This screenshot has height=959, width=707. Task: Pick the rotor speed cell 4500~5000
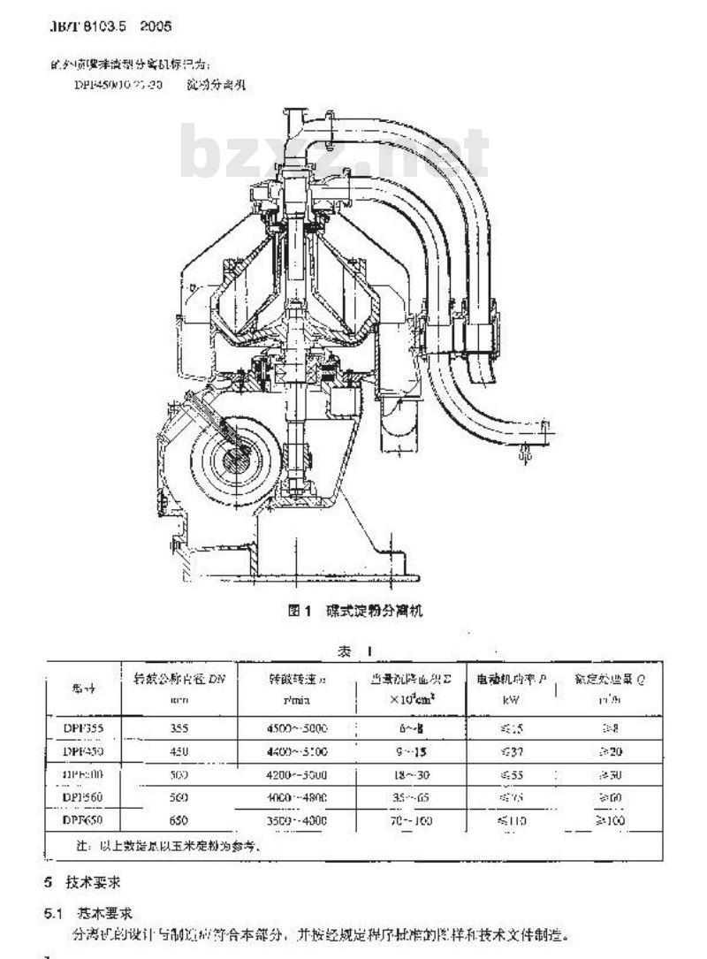[297, 729]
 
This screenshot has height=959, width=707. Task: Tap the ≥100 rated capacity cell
[611, 820]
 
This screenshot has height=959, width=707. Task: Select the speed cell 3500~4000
[297, 820]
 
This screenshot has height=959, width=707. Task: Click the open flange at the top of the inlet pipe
[295, 114]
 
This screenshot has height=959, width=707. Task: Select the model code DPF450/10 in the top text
[106, 86]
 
